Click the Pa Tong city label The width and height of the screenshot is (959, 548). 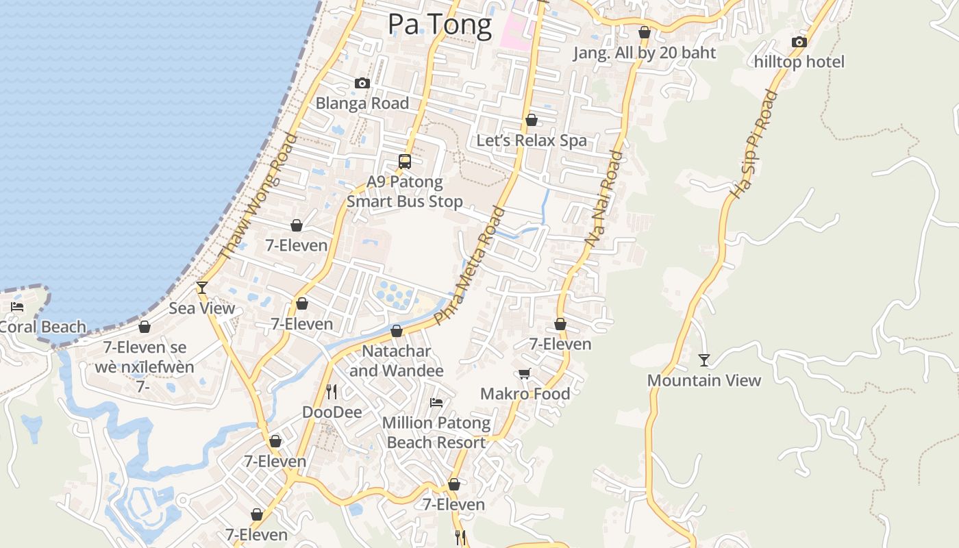440,25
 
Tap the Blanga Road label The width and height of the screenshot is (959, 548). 362,103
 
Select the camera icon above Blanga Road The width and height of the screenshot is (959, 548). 362,84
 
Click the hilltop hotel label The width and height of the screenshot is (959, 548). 799,62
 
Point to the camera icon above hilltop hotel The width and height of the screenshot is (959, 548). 799,42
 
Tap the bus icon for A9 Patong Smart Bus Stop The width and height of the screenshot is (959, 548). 405,162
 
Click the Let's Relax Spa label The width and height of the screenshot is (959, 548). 532,140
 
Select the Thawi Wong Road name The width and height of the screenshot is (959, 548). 258,197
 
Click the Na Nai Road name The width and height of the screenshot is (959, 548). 604,199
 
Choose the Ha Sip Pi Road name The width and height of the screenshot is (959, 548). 754,145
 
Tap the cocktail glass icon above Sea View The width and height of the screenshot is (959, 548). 202,288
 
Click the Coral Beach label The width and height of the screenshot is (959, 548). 42,327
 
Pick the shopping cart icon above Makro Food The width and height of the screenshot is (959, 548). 525,374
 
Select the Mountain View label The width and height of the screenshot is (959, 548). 704,380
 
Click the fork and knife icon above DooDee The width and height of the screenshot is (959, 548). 332,392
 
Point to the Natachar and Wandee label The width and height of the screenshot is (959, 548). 397,361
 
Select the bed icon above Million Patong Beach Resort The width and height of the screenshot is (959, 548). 436,403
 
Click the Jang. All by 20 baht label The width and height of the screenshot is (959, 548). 645,53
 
